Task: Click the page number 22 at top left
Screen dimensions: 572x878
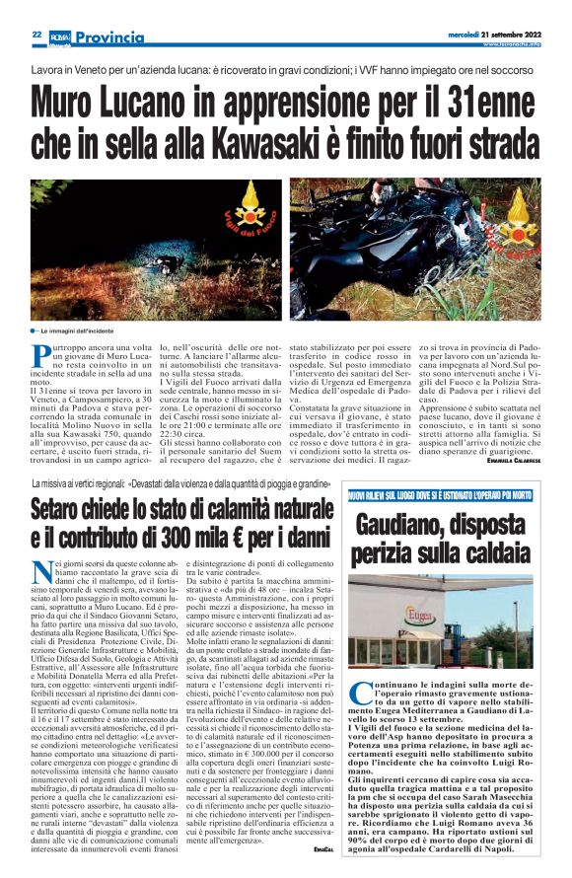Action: pyautogui.click(x=36, y=33)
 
